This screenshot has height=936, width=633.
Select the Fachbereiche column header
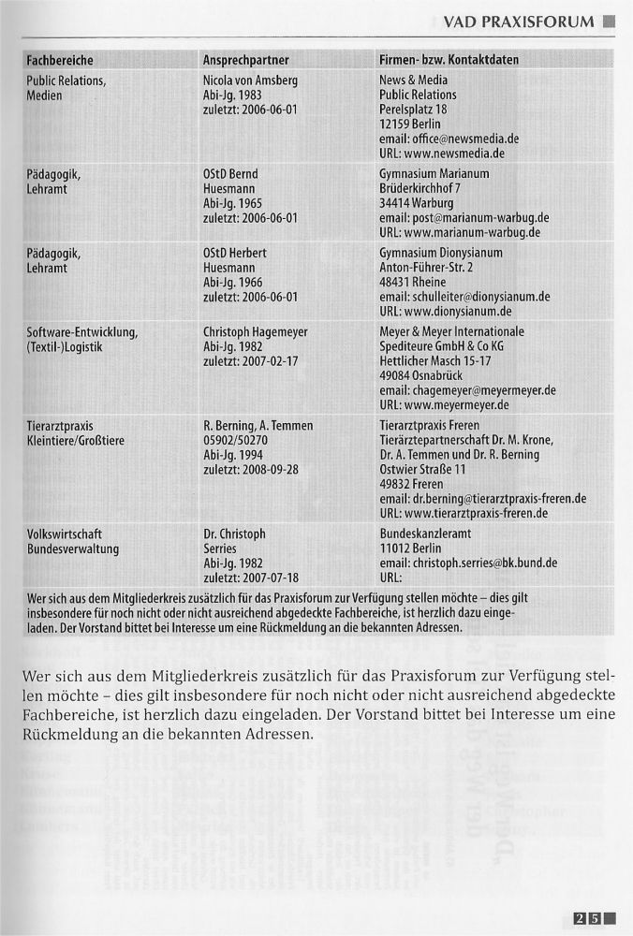(x=60, y=60)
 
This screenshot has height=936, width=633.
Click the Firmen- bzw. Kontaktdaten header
(x=449, y=60)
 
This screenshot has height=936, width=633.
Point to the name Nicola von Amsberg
(x=250, y=80)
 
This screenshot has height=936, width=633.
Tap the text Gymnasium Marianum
(x=434, y=174)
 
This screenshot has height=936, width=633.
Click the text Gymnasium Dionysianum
(x=441, y=254)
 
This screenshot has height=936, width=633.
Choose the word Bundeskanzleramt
(x=427, y=534)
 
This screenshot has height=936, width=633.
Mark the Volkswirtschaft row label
(x=65, y=534)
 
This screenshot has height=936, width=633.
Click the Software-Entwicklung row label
(x=82, y=332)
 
